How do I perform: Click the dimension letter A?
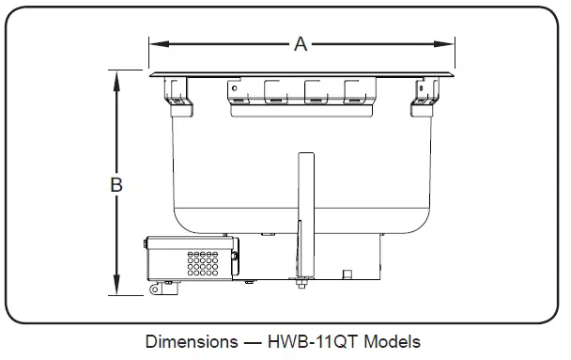click(x=301, y=44)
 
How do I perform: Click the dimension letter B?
click(x=116, y=185)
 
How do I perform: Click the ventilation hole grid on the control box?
click(x=201, y=262)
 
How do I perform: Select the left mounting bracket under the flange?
click(x=176, y=90)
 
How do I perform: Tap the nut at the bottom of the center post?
click(x=303, y=285)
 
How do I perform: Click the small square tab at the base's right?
click(x=347, y=274)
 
